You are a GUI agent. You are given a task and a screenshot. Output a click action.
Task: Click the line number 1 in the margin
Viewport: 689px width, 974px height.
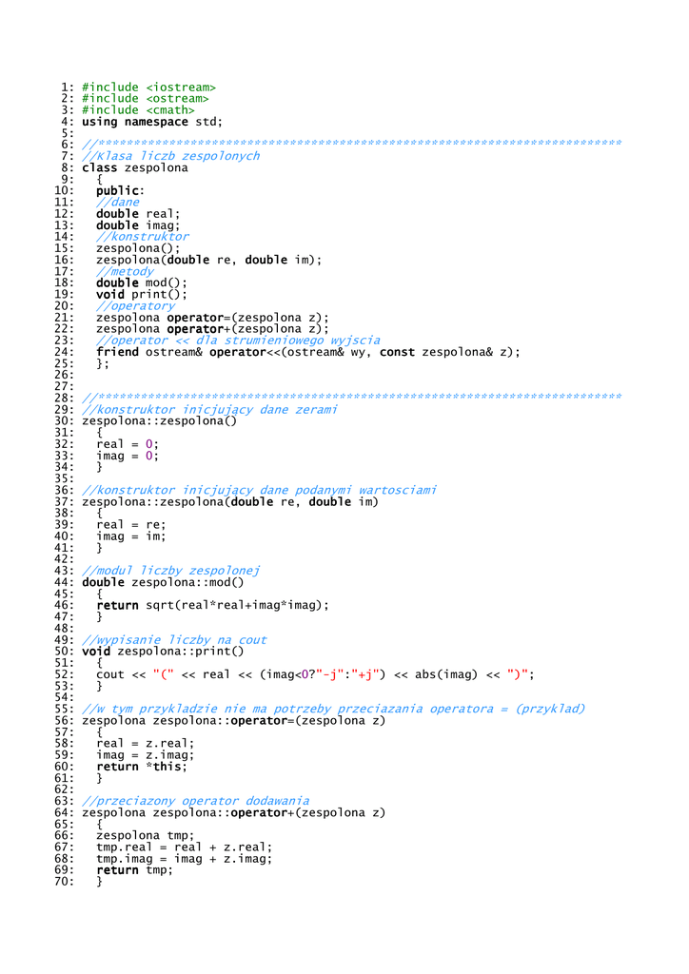click(69, 88)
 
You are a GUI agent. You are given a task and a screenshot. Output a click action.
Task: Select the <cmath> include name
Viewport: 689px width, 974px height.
click(170, 110)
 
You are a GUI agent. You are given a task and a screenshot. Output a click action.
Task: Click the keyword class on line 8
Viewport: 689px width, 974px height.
click(99, 167)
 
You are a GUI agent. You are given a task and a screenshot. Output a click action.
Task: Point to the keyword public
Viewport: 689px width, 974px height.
click(117, 191)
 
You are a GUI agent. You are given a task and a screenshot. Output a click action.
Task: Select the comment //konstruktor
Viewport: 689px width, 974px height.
click(143, 237)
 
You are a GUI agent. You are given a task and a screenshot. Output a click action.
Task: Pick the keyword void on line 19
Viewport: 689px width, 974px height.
click(110, 295)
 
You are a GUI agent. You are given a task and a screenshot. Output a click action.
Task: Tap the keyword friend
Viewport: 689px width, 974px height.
click(117, 352)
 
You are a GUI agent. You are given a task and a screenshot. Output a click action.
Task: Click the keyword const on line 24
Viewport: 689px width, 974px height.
click(397, 352)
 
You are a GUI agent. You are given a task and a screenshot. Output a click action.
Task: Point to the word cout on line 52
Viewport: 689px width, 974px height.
click(110, 674)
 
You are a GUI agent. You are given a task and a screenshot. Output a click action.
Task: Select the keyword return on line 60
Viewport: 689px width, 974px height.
click(117, 767)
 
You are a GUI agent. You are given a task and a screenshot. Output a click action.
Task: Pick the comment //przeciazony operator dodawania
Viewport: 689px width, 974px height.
click(196, 801)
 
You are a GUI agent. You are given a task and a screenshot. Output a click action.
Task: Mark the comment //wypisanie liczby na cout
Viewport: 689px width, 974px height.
click(175, 640)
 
